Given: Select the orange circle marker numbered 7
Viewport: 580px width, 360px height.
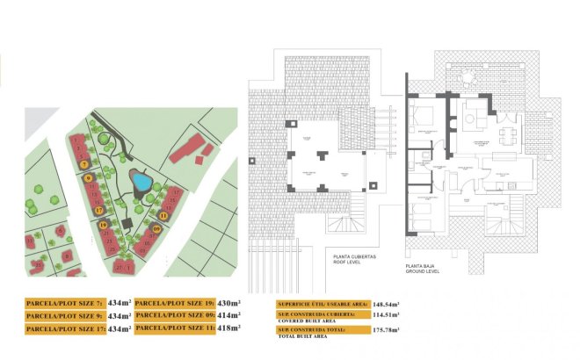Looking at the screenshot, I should pos(83,164).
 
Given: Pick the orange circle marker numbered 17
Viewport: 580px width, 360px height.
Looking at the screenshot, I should pos(99,210).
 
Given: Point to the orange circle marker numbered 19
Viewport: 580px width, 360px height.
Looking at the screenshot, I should pos(104,225).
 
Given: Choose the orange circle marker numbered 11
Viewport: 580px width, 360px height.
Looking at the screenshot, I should pos(163,215).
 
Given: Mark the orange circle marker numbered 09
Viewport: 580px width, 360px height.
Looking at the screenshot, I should pos(156,230).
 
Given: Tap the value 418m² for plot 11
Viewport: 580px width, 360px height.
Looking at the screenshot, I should pos(228,328).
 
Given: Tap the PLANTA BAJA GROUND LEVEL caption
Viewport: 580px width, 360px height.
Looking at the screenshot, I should pos(423,267).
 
